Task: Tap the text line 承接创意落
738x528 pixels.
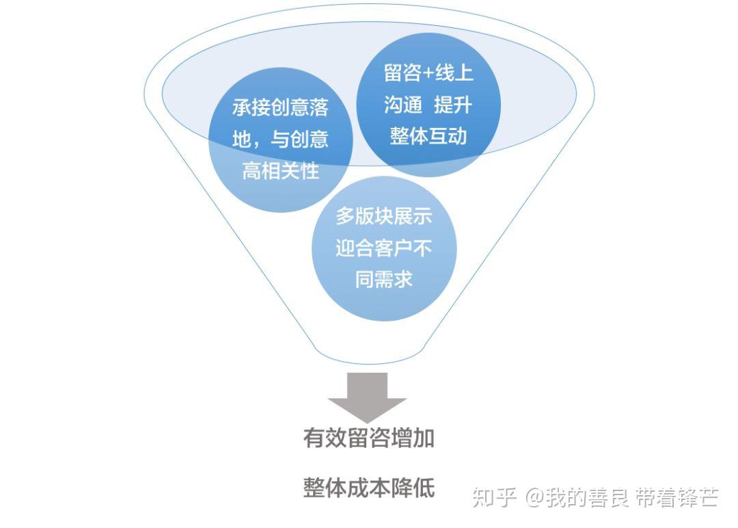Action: coord(280,108)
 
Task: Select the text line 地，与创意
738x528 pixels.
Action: coord(280,140)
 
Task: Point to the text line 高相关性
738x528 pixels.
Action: coord(280,171)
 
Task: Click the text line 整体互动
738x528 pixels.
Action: coord(428,136)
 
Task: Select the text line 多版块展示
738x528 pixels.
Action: coord(384,217)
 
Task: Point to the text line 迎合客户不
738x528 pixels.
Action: coord(384,248)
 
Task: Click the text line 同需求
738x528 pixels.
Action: coord(384,279)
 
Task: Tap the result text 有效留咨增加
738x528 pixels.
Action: coord(369,438)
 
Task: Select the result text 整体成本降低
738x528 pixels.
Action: coord(369,488)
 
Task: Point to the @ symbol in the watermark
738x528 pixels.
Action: coord(534,497)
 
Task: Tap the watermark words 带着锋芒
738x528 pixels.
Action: coord(676,497)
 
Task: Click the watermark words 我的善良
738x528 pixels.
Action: coord(586,497)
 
